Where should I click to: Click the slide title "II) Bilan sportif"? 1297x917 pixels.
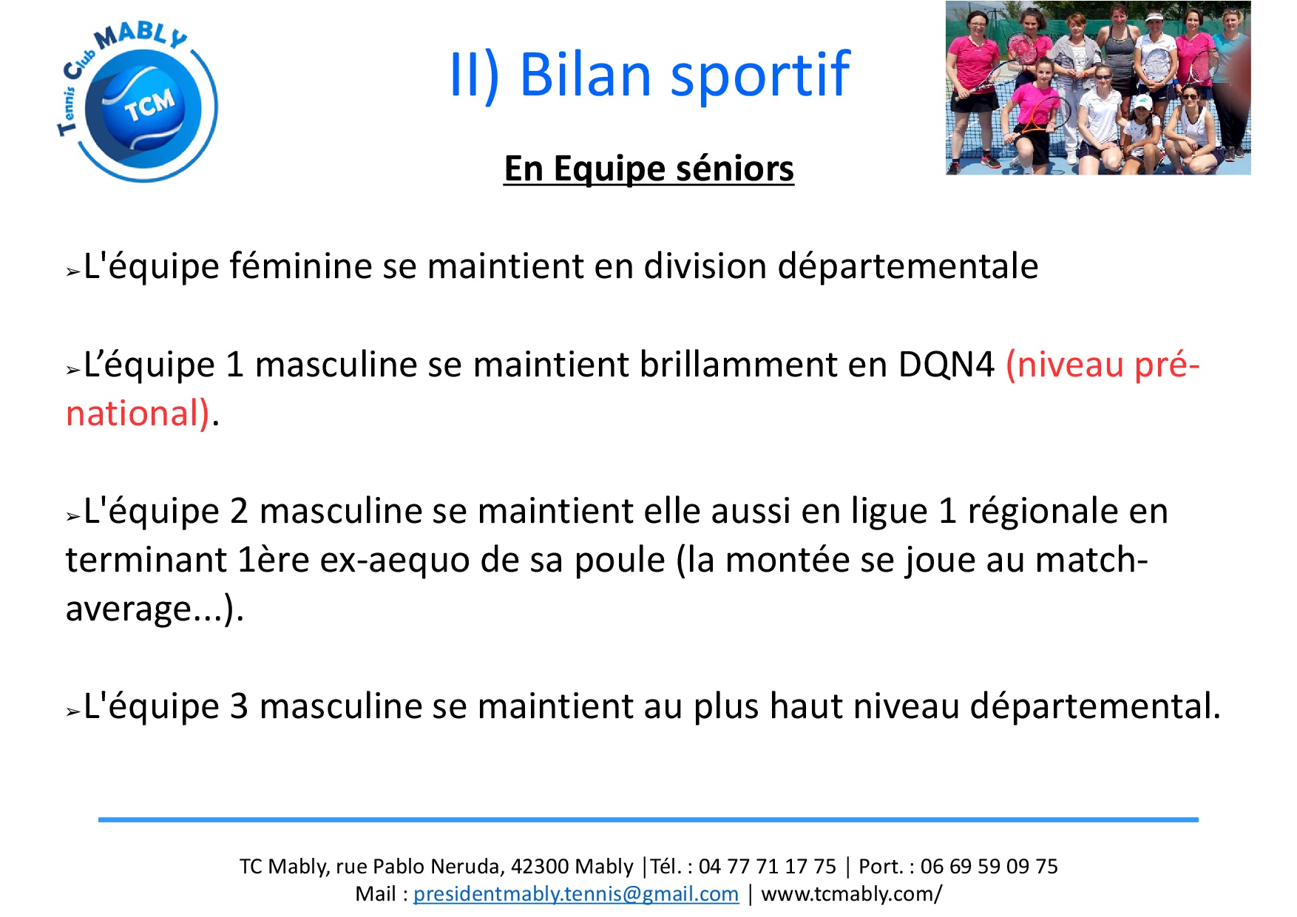(649, 75)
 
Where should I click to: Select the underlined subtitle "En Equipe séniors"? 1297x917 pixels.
(648, 169)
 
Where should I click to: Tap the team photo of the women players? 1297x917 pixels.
(1098, 88)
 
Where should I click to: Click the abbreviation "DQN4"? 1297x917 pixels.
(946, 365)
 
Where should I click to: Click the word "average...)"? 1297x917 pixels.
(155, 609)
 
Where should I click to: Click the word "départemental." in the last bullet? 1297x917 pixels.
(1095, 706)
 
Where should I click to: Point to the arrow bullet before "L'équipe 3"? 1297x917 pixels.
(72, 712)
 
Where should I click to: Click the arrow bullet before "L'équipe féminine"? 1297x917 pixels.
(72, 272)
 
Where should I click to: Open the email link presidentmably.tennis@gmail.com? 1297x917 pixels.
(576, 894)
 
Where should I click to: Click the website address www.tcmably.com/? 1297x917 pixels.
(852, 894)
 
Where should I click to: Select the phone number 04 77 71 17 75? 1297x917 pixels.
(768, 867)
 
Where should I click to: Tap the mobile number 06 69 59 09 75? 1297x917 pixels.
(989, 867)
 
